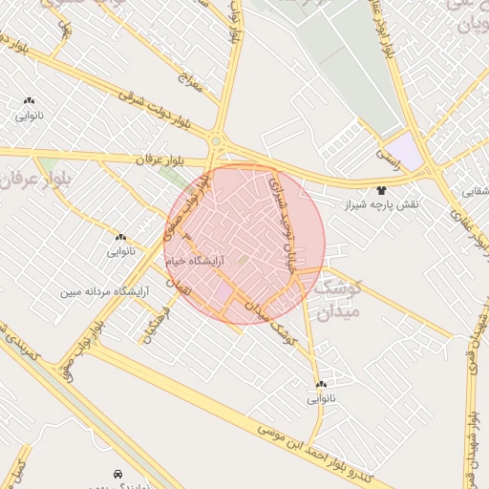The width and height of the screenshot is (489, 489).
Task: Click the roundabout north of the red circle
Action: click(x=218, y=142)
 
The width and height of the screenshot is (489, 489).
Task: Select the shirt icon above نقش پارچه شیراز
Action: click(x=382, y=190)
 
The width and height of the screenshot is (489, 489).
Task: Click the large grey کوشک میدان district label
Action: click(x=334, y=297)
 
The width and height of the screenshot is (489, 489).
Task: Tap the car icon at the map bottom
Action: click(x=117, y=474)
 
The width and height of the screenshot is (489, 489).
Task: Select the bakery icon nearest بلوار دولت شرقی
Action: click(x=29, y=100)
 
